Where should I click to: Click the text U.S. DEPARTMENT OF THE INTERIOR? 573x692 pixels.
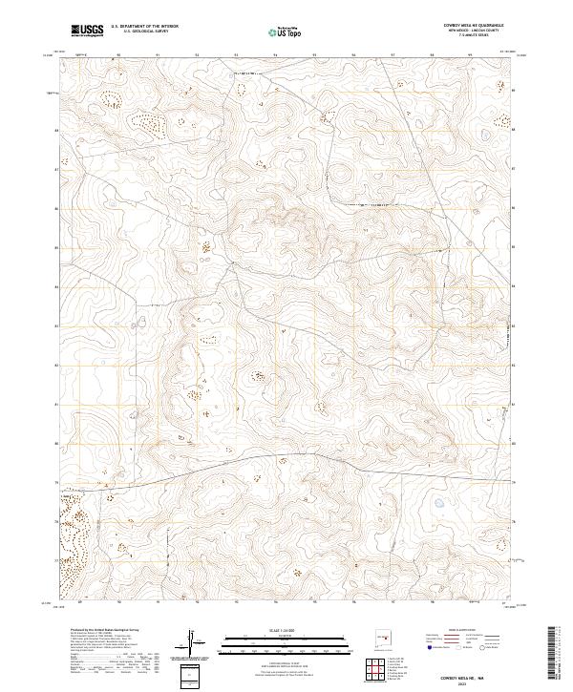144,26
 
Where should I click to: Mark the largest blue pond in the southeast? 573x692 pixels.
439,502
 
